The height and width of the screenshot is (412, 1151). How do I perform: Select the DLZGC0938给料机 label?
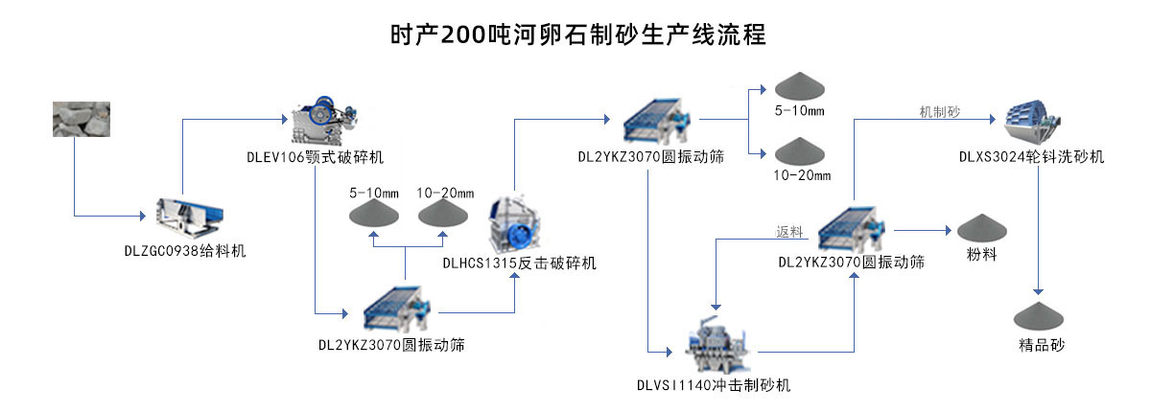tap(185, 251)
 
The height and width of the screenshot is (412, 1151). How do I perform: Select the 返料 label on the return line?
tap(789, 231)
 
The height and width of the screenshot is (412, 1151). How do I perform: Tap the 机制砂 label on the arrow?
tap(939, 112)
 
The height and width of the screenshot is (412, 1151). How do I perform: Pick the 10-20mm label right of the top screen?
tap(802, 175)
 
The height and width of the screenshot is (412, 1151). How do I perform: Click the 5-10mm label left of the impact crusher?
tap(374, 193)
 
